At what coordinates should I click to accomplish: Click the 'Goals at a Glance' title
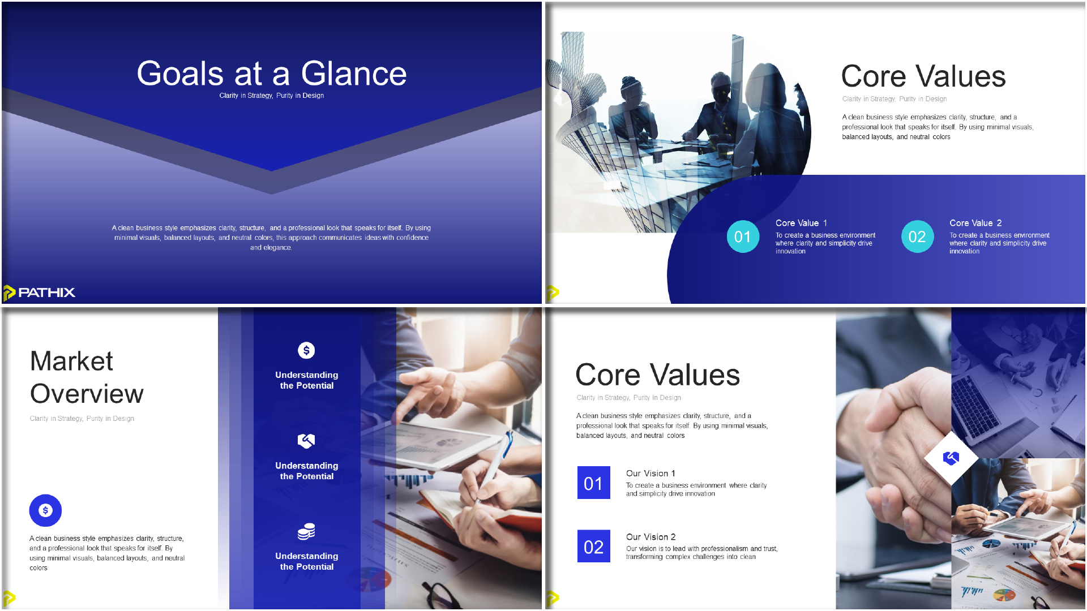pyautogui.click(x=272, y=74)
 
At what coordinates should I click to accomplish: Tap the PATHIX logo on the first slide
pyautogui.click(x=39, y=292)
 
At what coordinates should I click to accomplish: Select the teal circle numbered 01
pyautogui.click(x=743, y=236)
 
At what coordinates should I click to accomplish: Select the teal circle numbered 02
pyautogui.click(x=917, y=236)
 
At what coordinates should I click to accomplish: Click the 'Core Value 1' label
pyautogui.click(x=801, y=223)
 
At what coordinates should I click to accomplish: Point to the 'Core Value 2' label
pyautogui.click(x=975, y=223)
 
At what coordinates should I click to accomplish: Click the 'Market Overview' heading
pyautogui.click(x=87, y=377)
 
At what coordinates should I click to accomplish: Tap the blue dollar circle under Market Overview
pyautogui.click(x=45, y=510)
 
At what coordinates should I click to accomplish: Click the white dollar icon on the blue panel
pyautogui.click(x=306, y=350)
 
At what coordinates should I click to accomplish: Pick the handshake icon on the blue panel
pyautogui.click(x=306, y=441)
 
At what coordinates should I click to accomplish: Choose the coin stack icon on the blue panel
pyautogui.click(x=306, y=532)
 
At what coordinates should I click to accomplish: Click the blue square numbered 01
pyautogui.click(x=593, y=483)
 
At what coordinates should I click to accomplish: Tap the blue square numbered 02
pyautogui.click(x=593, y=546)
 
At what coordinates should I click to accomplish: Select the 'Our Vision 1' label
pyautogui.click(x=651, y=474)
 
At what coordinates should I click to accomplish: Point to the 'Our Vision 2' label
pyautogui.click(x=651, y=537)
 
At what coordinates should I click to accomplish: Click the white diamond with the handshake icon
pyautogui.click(x=951, y=458)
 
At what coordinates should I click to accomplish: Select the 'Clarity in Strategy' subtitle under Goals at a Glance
pyautogui.click(x=272, y=96)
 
